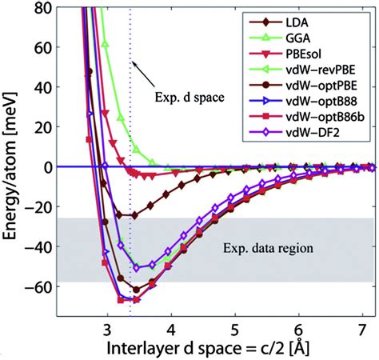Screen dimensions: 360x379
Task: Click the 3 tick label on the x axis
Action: pos(107,327)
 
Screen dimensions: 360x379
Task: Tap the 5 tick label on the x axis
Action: pos(233,327)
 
